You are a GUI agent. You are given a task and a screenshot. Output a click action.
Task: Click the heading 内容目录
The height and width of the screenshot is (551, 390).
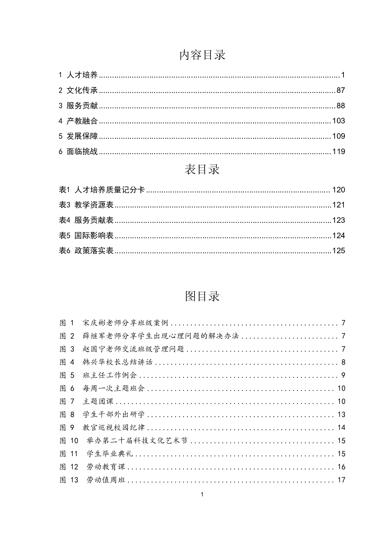pos(202,55)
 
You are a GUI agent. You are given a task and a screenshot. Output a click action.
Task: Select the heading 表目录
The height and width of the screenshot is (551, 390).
pos(202,169)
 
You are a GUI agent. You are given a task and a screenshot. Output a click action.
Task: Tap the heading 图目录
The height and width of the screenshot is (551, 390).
pos(202,296)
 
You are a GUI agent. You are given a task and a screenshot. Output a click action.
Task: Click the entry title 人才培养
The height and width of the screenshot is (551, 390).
pos(82,75)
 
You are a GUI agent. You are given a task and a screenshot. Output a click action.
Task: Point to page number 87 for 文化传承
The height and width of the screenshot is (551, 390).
pos(341,91)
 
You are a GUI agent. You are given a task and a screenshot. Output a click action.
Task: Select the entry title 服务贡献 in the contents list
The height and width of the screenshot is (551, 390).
pos(82,106)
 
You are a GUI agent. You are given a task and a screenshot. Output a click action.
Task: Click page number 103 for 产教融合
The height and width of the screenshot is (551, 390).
pos(338,121)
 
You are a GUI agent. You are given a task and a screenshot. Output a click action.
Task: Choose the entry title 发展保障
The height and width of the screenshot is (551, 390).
pos(82,136)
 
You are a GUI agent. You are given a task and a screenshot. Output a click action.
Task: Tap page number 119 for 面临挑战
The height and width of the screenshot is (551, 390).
pos(338,151)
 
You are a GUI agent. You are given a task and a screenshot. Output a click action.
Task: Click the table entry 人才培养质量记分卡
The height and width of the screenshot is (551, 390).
pos(110,190)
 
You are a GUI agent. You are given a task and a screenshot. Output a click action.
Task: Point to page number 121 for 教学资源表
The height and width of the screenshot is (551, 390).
pos(338,205)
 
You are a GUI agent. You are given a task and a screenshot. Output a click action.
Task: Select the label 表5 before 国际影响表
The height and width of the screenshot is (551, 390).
pos(65,236)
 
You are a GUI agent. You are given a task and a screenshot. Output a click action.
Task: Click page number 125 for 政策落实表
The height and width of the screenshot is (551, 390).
pos(338,251)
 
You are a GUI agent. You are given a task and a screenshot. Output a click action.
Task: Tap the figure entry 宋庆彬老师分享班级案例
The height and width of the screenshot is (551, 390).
pos(125,323)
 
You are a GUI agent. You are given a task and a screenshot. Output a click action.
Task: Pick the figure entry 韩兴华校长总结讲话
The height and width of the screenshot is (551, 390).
pos(118,363)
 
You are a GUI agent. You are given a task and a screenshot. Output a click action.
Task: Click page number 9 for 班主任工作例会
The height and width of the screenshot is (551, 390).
pos(343,376)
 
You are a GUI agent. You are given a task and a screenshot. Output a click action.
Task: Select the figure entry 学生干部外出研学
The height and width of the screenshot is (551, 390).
pos(114,415)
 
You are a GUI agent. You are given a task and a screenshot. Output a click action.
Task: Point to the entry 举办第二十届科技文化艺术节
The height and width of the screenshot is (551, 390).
pos(137,441)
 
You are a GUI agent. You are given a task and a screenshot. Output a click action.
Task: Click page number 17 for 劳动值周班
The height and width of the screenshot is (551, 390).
pos(341,480)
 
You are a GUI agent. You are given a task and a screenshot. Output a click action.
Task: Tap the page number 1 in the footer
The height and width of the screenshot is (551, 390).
pos(202,494)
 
